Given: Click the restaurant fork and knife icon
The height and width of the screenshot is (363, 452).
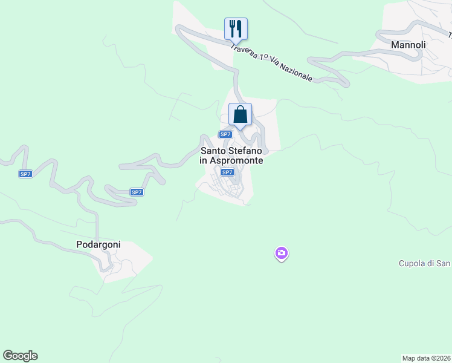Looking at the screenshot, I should coord(236,28).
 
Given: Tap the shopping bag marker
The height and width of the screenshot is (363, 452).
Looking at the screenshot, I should coord(240,114).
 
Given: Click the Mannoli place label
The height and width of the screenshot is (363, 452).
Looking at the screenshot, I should coord(408,45).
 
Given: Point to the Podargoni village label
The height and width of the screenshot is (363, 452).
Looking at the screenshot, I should coord(98,245).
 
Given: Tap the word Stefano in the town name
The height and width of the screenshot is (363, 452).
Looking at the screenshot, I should coord(247,151).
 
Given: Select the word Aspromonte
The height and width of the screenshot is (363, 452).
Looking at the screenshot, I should coord(237,161).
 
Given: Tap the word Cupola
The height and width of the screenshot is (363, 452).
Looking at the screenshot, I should coord(412,263).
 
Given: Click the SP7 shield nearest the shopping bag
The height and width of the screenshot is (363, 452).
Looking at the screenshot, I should coord(225,134).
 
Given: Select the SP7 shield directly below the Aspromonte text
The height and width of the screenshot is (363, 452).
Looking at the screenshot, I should coord(227,172).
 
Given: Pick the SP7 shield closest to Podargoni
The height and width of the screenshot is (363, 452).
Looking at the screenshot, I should coord(137,192).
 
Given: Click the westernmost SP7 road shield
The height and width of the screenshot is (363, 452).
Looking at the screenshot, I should coord(25,174).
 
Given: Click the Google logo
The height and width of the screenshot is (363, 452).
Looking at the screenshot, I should coord(21,356).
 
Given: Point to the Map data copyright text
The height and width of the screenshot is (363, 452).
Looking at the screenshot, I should coord(427,358).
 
